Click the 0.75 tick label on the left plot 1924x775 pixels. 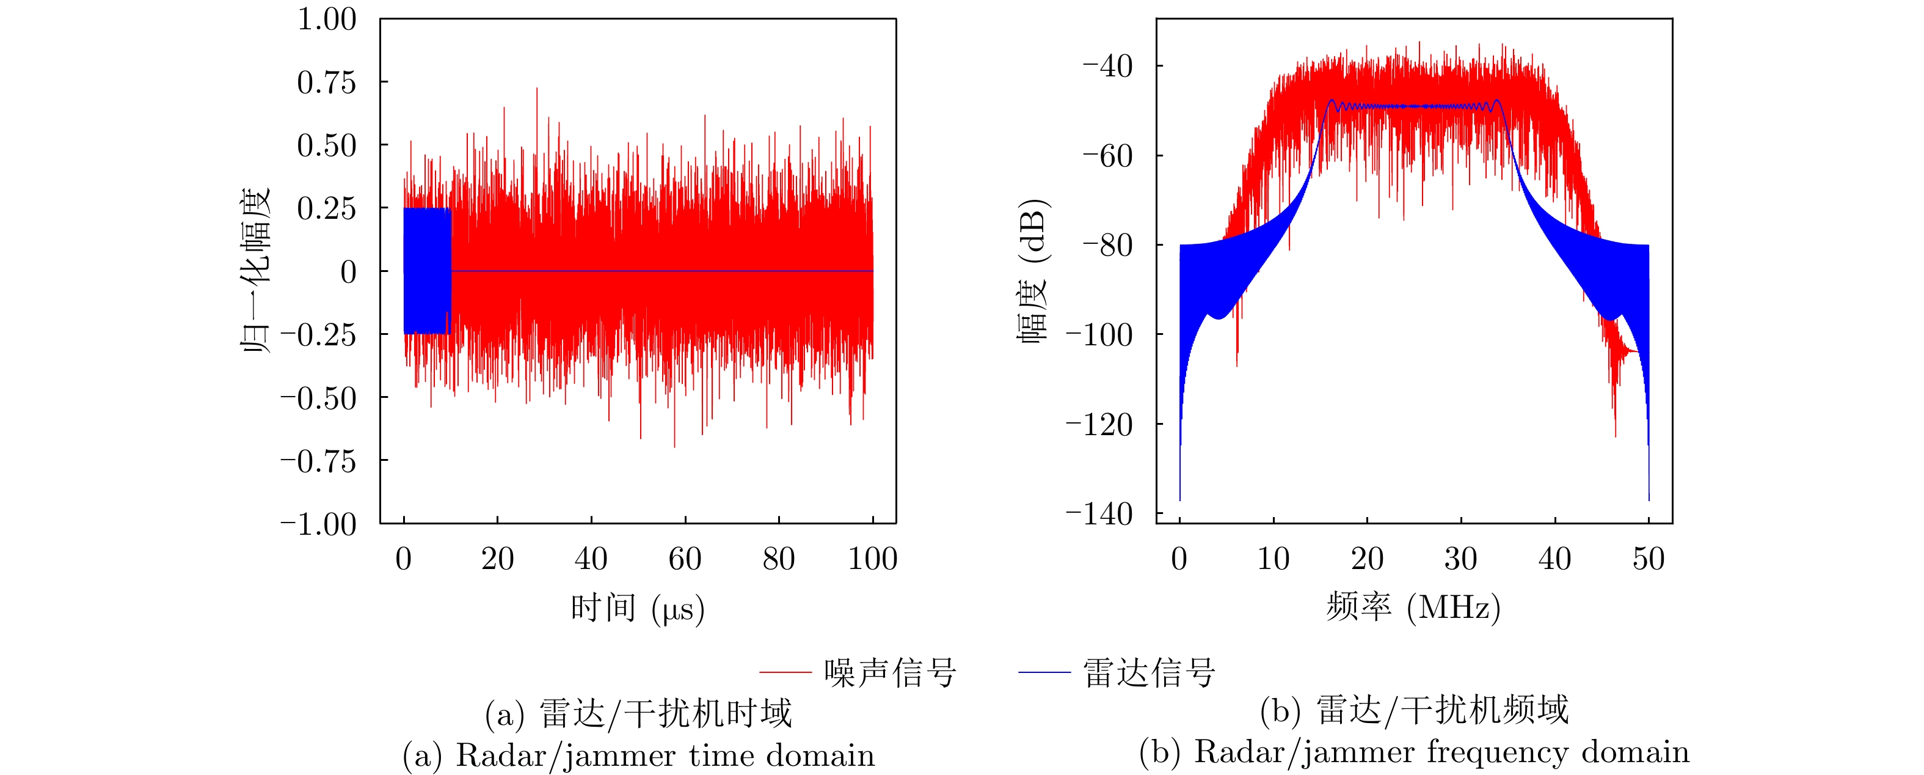[x=326, y=83]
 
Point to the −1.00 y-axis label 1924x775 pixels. [x=318, y=524]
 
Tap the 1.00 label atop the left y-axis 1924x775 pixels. [x=326, y=20]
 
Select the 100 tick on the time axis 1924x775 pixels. [x=872, y=559]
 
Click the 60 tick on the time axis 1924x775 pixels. [x=685, y=559]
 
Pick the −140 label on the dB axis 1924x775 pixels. [x=1099, y=514]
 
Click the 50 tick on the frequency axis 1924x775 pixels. [x=1649, y=559]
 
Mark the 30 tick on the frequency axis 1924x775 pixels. [x=1460, y=559]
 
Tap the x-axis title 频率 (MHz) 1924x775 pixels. [x=1413, y=607]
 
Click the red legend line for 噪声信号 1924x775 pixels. [x=785, y=672]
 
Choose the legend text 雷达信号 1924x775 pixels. [x=1149, y=672]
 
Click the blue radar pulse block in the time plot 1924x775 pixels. [x=426, y=271]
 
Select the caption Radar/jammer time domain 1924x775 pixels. [x=665, y=755]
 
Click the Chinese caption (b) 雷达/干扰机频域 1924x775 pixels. [x=1414, y=710]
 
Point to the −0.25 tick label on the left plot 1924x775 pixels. [x=318, y=335]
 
